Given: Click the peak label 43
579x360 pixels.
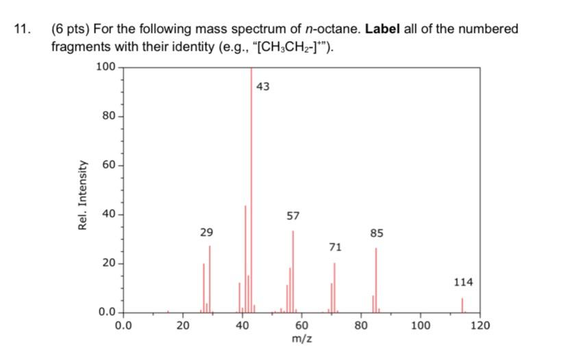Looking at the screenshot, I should [x=263, y=87].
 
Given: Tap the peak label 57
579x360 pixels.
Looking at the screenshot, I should [x=293, y=216].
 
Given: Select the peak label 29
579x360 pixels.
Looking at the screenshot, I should [x=206, y=232].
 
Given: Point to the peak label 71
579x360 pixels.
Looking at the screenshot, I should [x=335, y=247].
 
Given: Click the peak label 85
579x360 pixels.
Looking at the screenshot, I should [x=376, y=233].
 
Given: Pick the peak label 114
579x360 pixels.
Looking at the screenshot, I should [x=463, y=282].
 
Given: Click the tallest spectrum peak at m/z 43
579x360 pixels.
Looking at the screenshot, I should [x=251, y=192].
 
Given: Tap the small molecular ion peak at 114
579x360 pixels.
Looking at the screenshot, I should [x=463, y=305].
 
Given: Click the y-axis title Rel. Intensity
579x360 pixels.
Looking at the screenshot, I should [x=84, y=195].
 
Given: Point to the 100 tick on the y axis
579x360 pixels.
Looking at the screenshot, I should [x=106, y=67].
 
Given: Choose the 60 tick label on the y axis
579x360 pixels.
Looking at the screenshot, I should [x=109, y=165].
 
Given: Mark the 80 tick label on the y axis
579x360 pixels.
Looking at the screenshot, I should [x=109, y=116].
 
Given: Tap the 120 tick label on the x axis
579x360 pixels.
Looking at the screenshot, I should [x=480, y=326].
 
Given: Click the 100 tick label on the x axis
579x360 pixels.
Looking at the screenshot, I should [x=421, y=326].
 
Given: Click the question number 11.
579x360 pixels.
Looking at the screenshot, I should [x=21, y=29].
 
